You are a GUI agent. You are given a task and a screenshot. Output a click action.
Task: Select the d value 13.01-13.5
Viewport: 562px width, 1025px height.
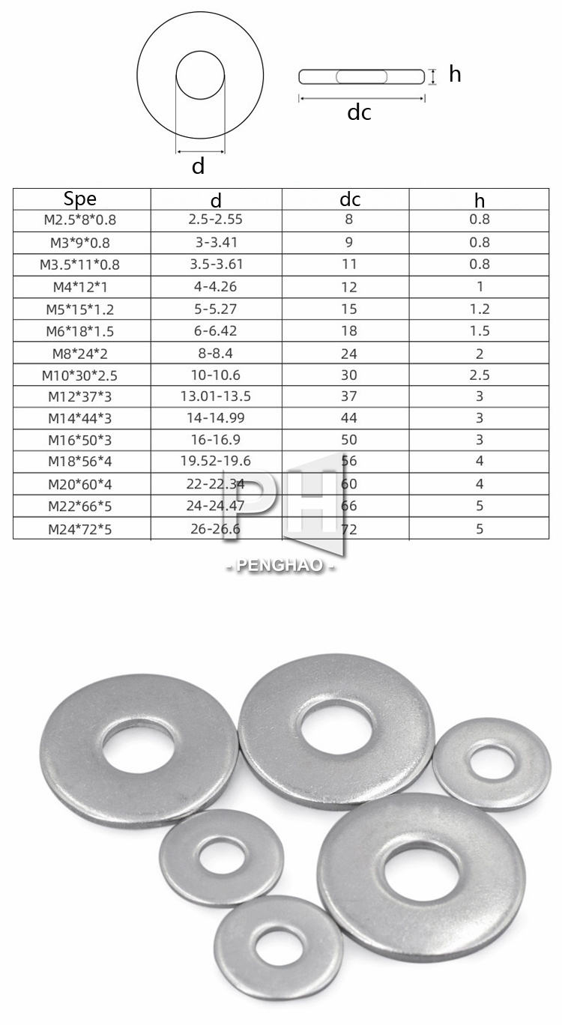click(216, 396)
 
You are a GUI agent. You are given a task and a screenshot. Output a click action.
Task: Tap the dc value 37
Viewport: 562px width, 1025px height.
click(348, 396)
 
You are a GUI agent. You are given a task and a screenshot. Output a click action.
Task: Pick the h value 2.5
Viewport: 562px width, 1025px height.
click(480, 375)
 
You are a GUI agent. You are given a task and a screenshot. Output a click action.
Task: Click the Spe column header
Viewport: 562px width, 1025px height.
click(80, 199)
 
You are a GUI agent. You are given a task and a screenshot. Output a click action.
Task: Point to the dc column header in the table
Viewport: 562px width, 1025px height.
click(350, 199)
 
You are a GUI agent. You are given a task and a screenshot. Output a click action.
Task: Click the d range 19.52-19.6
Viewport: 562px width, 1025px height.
click(216, 462)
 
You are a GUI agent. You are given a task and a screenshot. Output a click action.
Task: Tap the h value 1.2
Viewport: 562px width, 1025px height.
click(480, 309)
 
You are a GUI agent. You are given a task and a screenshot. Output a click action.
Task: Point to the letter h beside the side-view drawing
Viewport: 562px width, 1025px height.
click(455, 74)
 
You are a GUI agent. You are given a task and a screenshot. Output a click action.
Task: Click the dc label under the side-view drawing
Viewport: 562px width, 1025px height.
click(359, 112)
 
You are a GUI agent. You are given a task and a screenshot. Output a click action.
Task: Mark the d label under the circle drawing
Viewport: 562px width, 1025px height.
click(198, 166)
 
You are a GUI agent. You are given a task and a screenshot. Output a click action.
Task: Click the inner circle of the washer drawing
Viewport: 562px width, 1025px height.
click(200, 75)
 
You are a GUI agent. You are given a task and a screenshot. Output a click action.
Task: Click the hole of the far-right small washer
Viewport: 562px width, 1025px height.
click(492, 763)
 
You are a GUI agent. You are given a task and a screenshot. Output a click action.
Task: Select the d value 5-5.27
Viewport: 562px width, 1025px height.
click(216, 309)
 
